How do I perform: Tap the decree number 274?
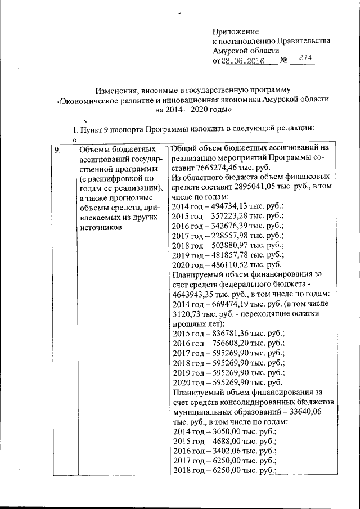coord(305,58)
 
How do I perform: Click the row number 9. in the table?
coord(57,149)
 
